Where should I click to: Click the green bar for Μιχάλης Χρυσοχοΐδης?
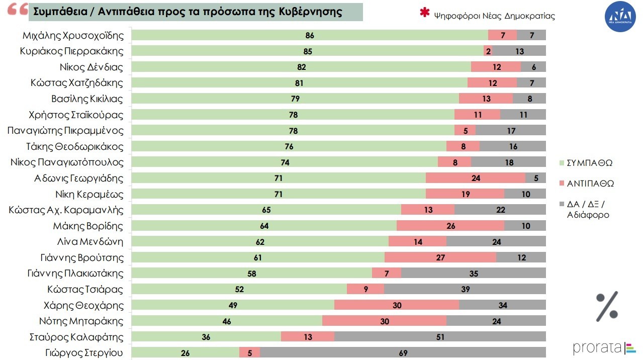[309, 35]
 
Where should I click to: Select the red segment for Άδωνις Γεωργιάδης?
[475, 178]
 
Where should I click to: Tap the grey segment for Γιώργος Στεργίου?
[403, 353]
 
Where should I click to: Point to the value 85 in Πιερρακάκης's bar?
[308, 51]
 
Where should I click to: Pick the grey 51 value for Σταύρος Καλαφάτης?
[440, 337]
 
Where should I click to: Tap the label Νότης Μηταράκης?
[81, 321]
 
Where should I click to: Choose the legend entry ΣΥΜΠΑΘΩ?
[589, 163]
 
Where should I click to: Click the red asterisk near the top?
[425, 14]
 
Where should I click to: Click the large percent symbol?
[607, 306]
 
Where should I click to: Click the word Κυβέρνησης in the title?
[311, 12]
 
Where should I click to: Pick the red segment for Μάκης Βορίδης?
[450, 226]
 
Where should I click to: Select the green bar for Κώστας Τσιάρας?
[239, 290]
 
